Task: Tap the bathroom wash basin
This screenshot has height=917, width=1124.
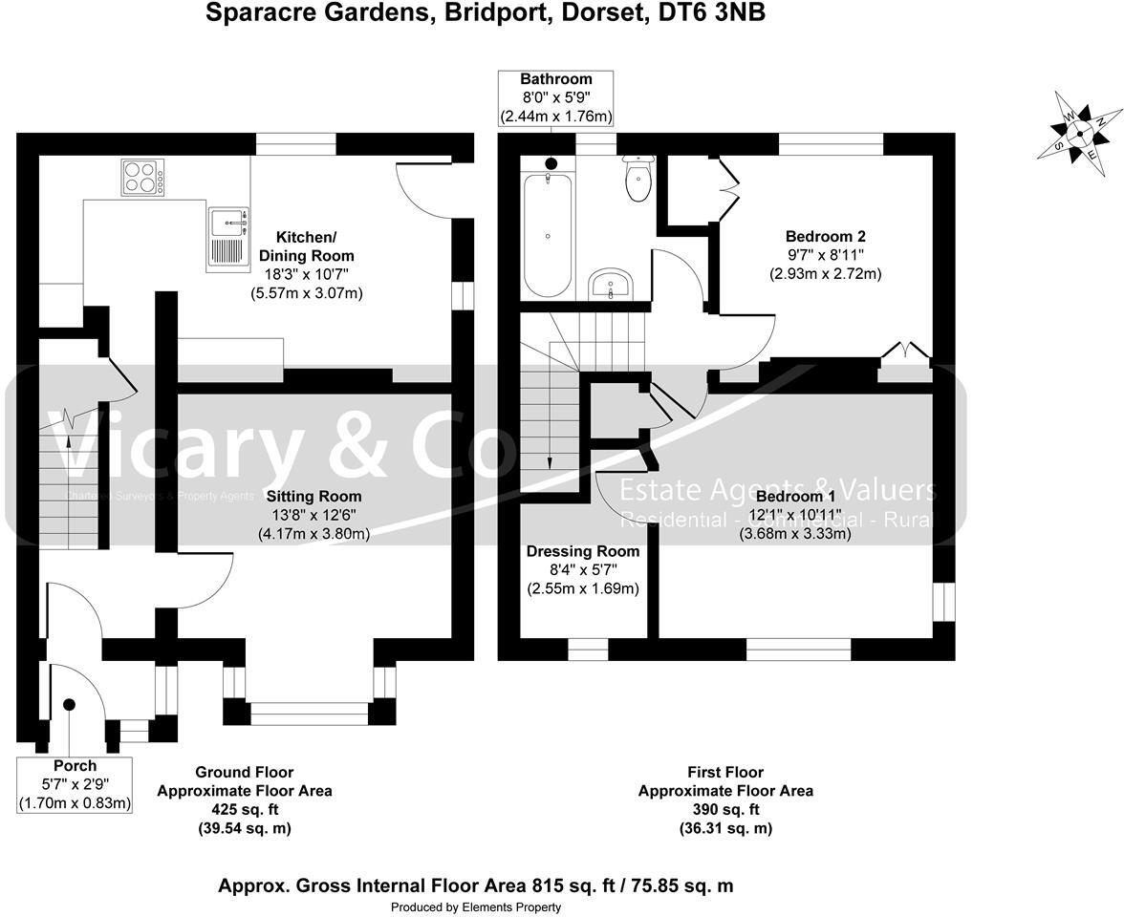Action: tap(610, 284)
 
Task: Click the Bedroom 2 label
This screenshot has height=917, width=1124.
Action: tap(825, 237)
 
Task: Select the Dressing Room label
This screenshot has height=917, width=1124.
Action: tap(583, 551)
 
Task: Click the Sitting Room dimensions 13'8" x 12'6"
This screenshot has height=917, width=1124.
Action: tap(313, 516)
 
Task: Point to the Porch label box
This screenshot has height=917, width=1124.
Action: tap(75, 784)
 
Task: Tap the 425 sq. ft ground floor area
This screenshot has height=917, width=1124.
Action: tap(244, 809)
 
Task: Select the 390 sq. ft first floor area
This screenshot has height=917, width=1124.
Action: tap(725, 809)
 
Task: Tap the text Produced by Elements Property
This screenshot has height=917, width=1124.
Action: tap(475, 906)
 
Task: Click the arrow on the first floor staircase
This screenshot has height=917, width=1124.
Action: tap(550, 458)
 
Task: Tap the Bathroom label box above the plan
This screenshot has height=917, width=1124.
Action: tap(555, 97)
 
